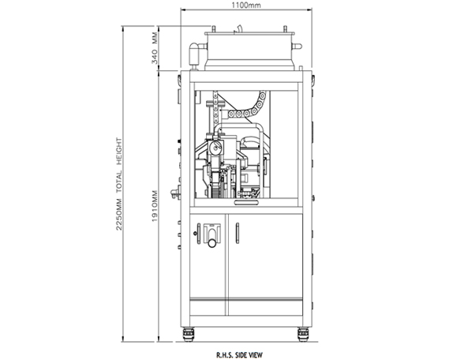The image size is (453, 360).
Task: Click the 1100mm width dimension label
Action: click(x=246, y=5)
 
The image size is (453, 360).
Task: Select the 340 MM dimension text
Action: click(x=155, y=48)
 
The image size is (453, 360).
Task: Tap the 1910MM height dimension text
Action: click(x=155, y=206)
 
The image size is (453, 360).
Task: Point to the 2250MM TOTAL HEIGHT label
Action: click(x=119, y=184)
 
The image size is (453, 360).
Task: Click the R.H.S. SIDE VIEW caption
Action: click(x=239, y=354)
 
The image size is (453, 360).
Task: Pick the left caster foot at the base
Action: click(x=188, y=334)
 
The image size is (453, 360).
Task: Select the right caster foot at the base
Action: click(x=303, y=334)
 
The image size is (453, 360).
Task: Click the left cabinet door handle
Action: click(x=199, y=234)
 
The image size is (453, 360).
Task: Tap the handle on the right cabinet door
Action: click(x=238, y=233)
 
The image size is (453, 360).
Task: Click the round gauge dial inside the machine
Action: click(x=215, y=148)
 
